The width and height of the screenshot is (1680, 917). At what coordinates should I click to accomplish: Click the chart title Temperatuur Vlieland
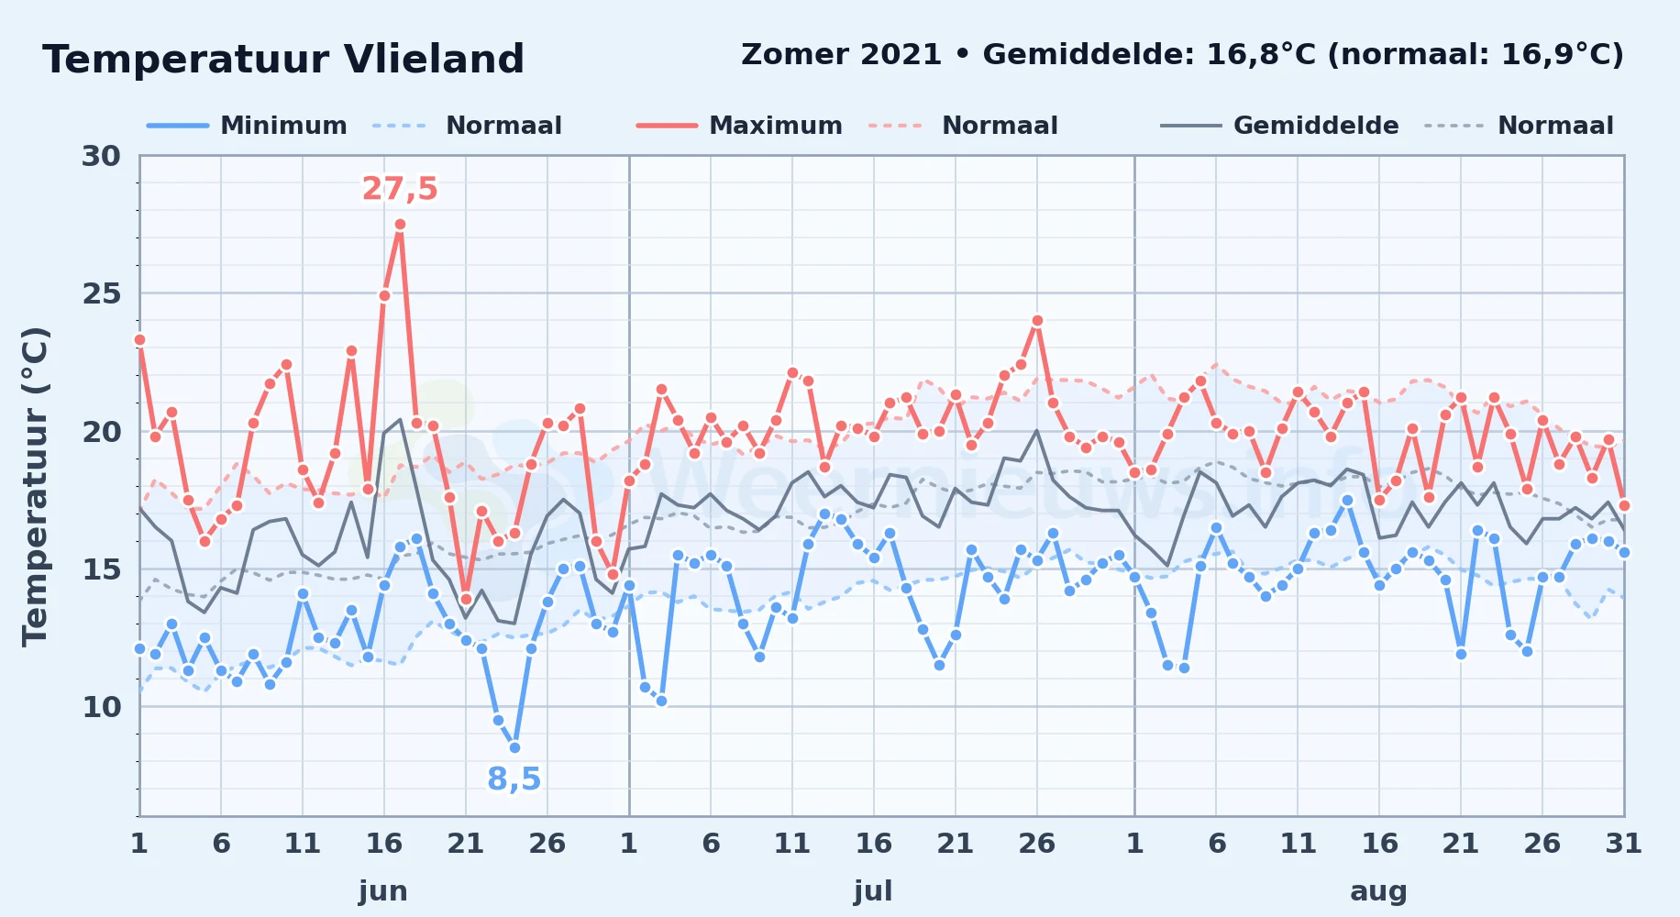[x=283, y=60]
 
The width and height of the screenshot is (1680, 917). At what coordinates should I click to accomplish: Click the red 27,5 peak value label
[x=400, y=189]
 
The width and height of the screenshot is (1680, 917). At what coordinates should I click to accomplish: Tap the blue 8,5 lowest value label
[x=514, y=779]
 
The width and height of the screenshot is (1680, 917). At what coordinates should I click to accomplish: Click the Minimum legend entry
[x=247, y=126]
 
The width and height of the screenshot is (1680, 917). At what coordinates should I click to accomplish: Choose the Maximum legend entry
[x=739, y=126]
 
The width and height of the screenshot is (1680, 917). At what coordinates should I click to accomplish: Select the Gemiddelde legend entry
[x=1279, y=126]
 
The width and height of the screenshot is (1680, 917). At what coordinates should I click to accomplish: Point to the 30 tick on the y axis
[x=101, y=156]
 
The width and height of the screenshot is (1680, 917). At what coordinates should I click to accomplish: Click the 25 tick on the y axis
[x=101, y=293]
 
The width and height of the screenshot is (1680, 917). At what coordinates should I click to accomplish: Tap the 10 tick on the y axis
[x=101, y=707]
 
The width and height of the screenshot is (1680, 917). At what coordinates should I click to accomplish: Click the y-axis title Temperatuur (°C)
[x=35, y=486]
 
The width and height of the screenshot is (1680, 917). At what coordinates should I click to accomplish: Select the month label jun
[x=383, y=890]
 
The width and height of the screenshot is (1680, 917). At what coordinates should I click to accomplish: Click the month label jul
[x=873, y=890]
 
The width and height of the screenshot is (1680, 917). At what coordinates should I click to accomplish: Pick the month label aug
[x=1378, y=891]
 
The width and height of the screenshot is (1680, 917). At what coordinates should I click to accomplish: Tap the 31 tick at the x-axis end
[x=1623, y=843]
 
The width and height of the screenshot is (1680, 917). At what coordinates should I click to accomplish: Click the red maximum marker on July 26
[x=1037, y=321]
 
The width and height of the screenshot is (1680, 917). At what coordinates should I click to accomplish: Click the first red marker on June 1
[x=139, y=339]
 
